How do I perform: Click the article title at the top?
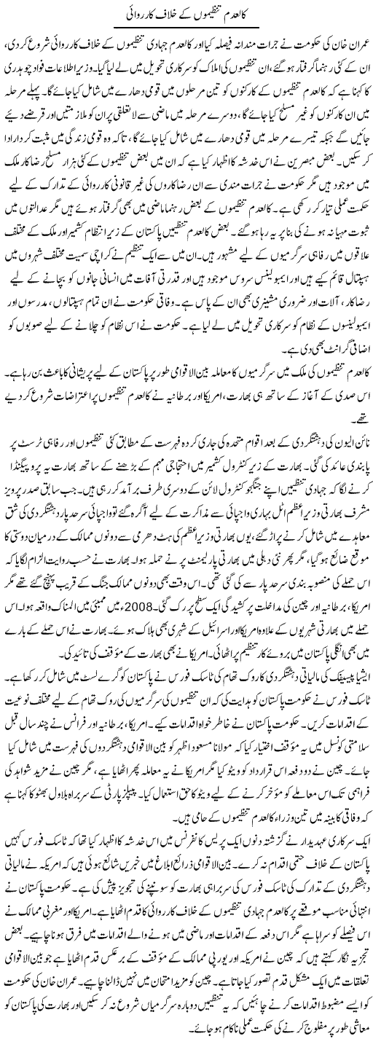(x=186, y=16)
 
